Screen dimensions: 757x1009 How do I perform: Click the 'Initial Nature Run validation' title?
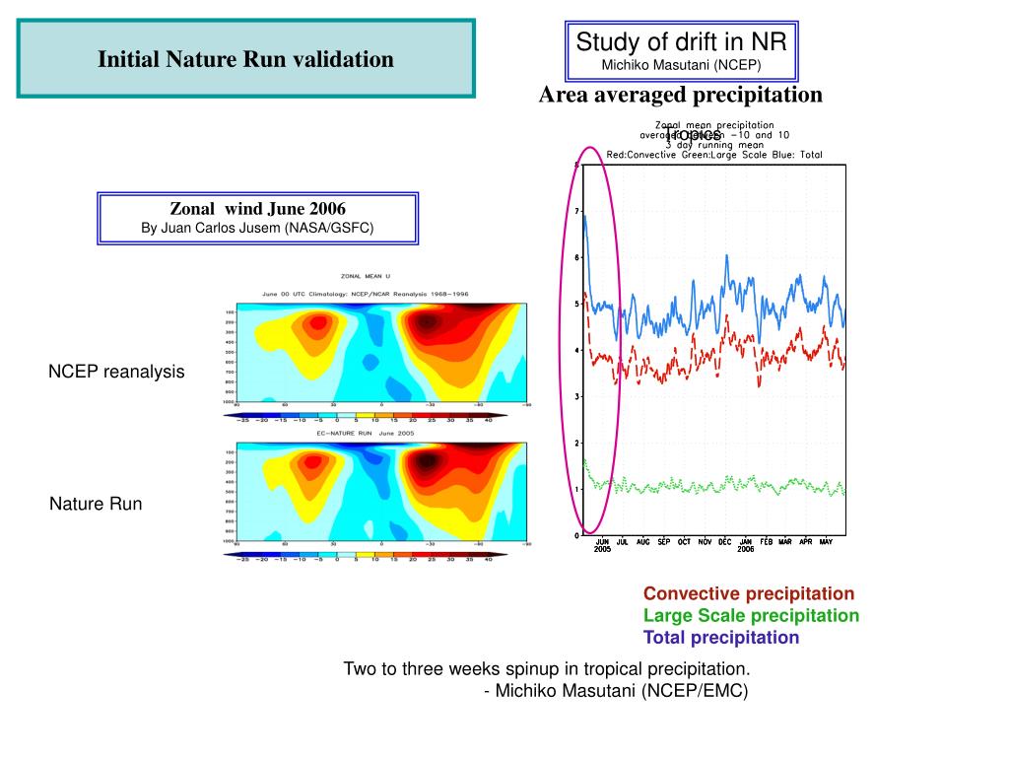(x=245, y=59)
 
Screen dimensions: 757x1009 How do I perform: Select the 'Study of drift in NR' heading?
(x=681, y=42)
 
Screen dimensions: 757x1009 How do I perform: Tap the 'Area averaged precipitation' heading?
(x=680, y=95)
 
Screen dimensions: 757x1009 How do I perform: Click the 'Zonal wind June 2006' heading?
(x=258, y=209)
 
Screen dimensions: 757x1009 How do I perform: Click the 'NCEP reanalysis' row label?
(x=116, y=372)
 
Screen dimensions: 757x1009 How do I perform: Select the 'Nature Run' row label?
(x=96, y=504)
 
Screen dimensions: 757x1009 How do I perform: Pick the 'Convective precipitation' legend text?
(x=749, y=593)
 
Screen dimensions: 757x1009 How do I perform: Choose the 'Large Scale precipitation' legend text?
(x=751, y=615)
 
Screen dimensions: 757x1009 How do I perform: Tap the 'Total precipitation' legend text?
(x=721, y=637)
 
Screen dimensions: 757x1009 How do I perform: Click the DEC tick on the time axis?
(x=725, y=542)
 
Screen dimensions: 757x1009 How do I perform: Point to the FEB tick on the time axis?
(x=766, y=542)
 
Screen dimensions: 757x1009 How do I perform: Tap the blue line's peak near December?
(x=726, y=255)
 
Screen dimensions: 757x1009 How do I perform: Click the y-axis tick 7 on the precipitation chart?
(x=575, y=211)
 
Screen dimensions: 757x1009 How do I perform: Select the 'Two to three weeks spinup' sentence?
(x=546, y=669)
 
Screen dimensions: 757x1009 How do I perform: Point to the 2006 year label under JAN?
(x=745, y=549)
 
